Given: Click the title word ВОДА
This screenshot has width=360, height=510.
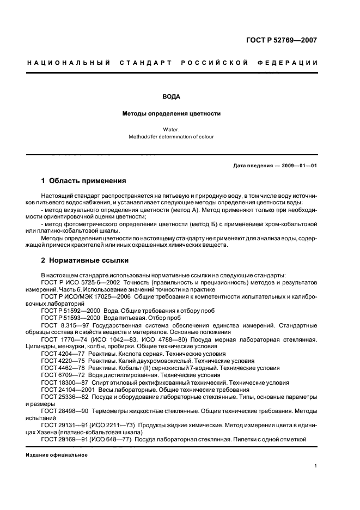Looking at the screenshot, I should (x=171, y=96).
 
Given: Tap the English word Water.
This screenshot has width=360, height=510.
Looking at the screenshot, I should (x=171, y=130).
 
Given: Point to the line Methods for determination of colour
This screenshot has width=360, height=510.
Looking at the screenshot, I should (x=171, y=137).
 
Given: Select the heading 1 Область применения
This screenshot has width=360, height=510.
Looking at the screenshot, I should (x=83, y=181).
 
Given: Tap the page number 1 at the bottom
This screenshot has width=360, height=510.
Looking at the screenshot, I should (x=315, y=466).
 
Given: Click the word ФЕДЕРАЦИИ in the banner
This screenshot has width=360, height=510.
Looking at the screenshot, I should (x=290, y=63).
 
